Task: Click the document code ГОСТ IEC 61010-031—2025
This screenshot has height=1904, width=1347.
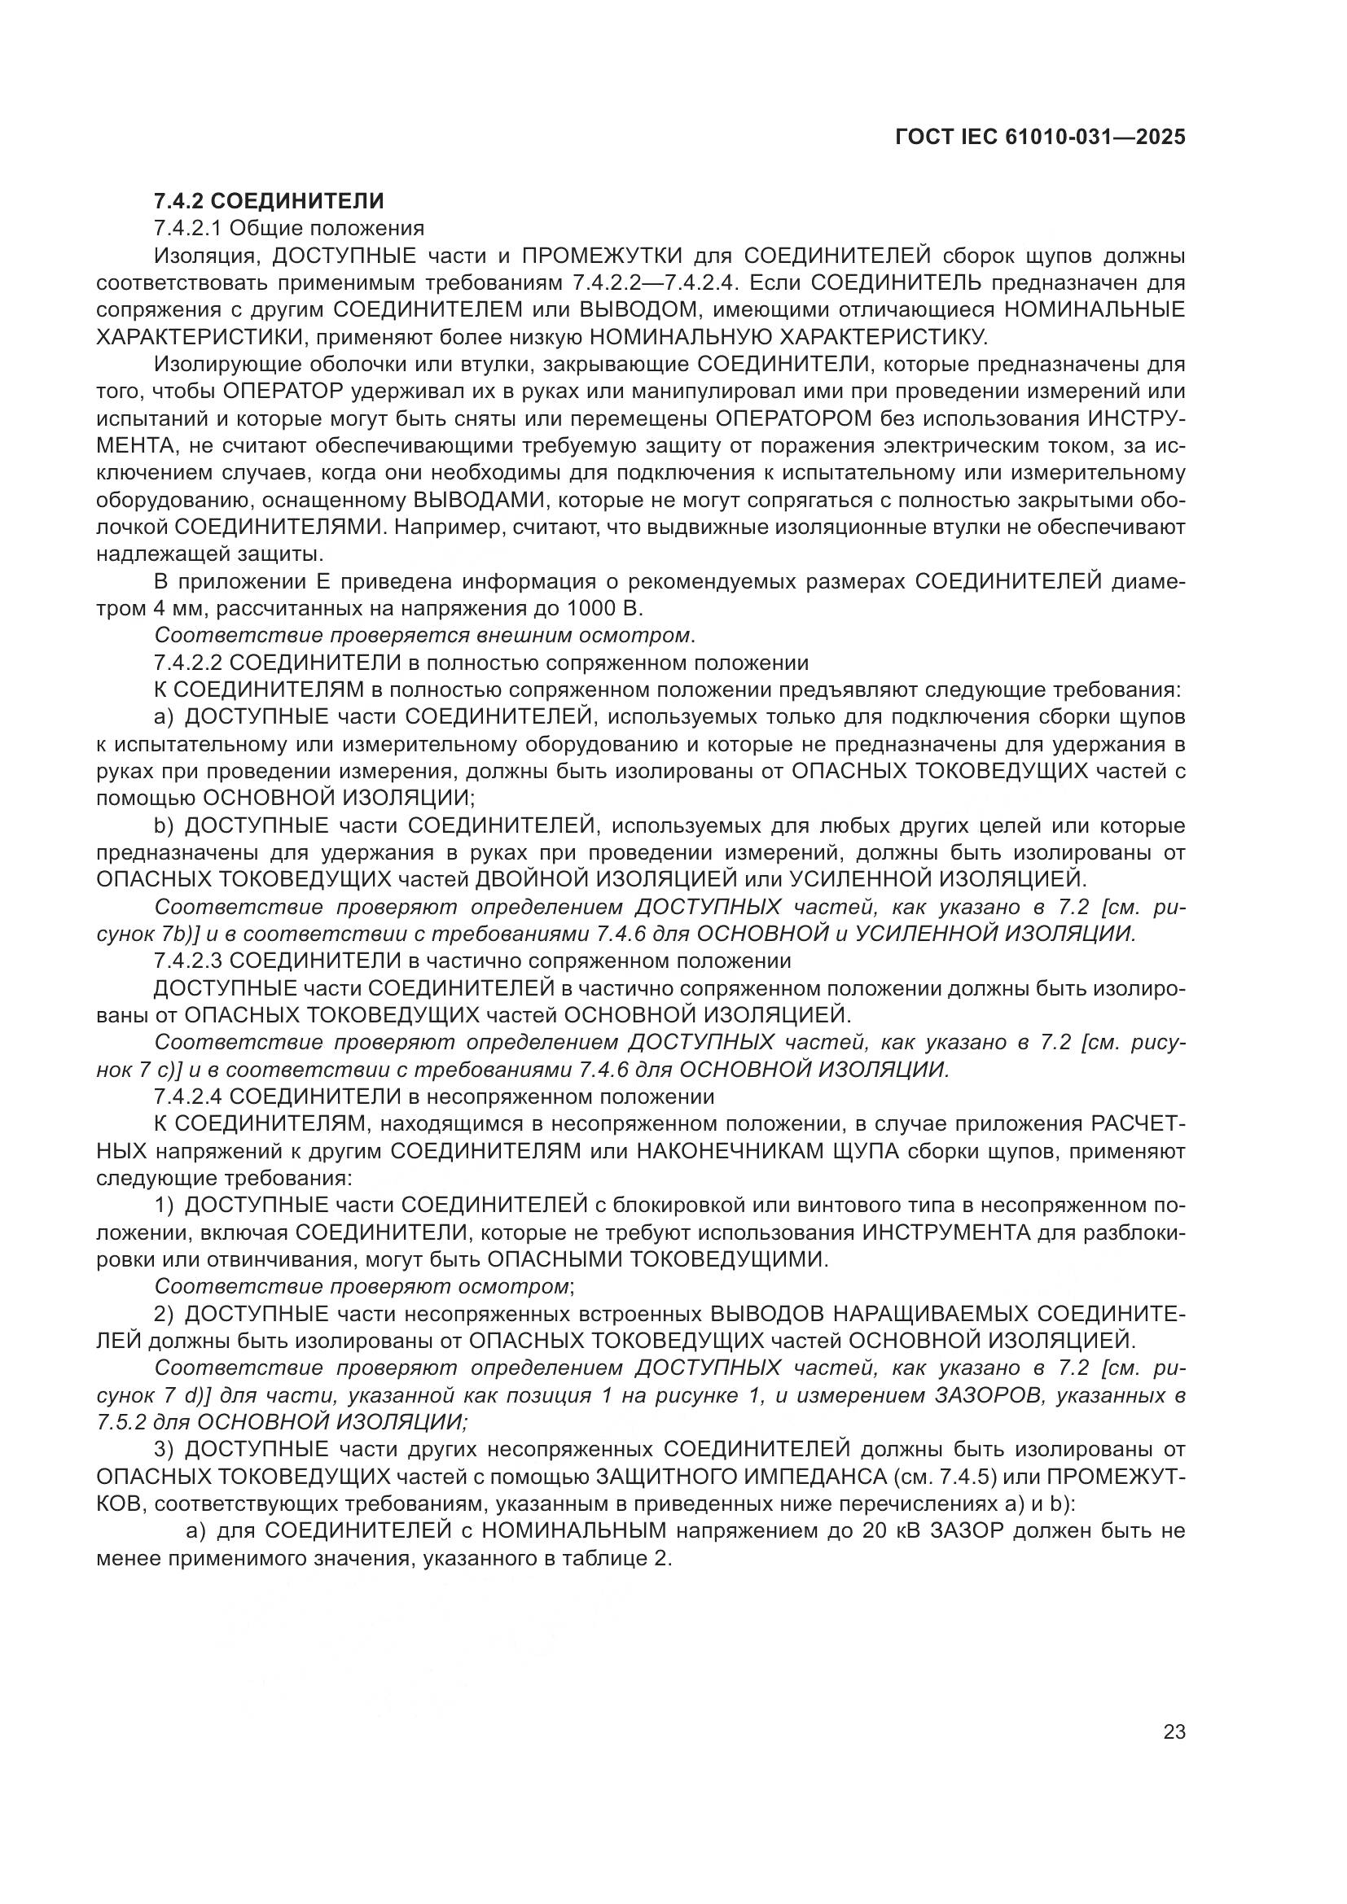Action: (x=1040, y=138)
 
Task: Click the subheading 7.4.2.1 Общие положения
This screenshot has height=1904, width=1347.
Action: (x=288, y=228)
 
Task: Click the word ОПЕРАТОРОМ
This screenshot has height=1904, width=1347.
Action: (x=795, y=418)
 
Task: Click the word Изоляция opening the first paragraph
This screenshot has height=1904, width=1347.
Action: (x=201, y=256)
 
